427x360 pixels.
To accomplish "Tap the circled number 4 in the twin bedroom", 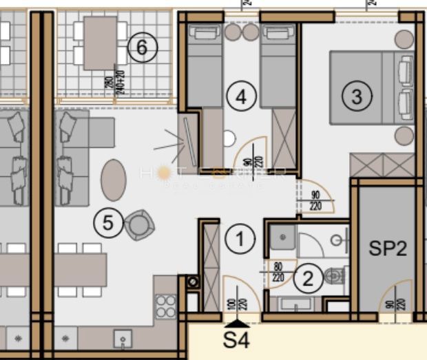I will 240,97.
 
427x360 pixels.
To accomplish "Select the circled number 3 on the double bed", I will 356,96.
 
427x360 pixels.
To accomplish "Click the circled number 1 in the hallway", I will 240,240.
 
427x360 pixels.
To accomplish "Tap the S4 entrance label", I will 236,339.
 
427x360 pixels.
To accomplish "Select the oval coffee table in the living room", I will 114,180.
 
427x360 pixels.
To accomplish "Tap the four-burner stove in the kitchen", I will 165,304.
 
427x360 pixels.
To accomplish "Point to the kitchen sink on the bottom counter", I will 123,339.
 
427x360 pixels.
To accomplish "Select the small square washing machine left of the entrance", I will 191,280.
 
